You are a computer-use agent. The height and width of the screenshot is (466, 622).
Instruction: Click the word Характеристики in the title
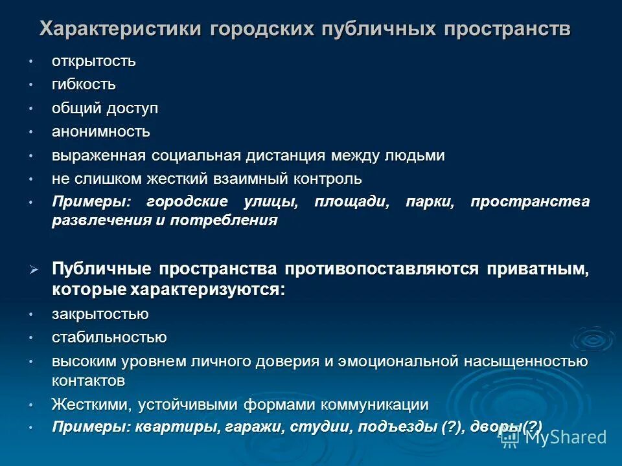[121, 29]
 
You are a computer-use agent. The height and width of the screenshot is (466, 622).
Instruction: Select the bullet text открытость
[94, 61]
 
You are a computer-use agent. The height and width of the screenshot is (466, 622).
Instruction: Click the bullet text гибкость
[84, 85]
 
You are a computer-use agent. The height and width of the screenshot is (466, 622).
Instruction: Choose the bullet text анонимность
[101, 132]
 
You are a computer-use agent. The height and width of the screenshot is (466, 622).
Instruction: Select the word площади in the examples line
[352, 202]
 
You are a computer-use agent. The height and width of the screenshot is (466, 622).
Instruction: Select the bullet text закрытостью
[100, 314]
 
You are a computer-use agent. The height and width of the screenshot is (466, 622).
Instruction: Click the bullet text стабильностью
[109, 337]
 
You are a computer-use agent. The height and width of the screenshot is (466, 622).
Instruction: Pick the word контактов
[88, 380]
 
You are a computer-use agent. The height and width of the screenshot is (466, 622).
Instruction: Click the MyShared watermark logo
[555, 437]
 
